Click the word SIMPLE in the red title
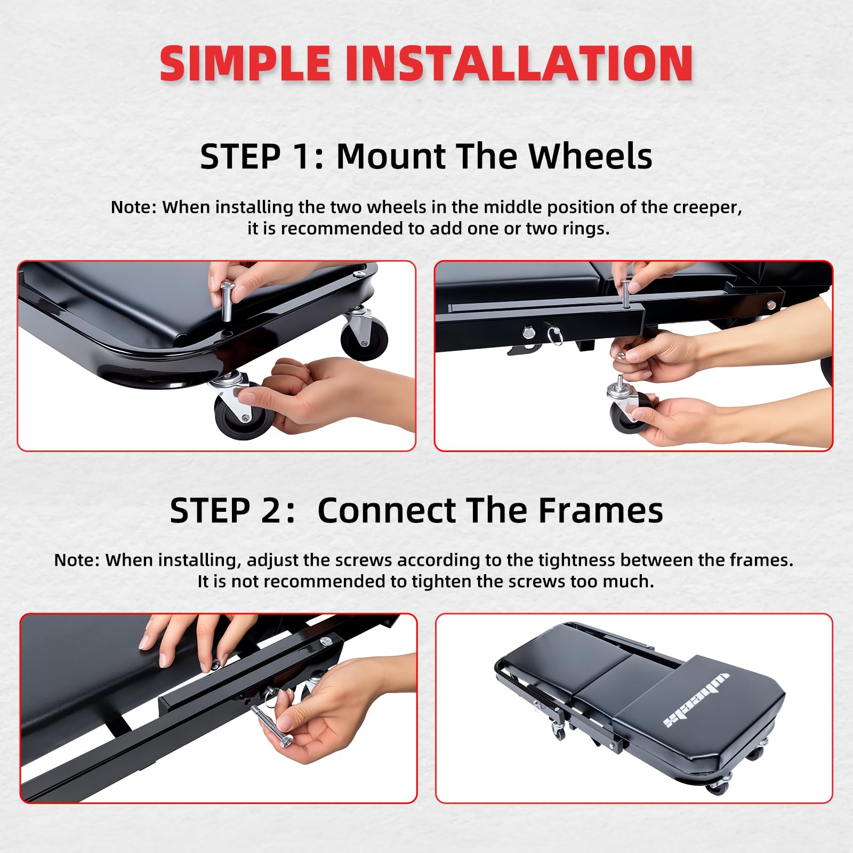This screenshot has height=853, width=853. (x=245, y=63)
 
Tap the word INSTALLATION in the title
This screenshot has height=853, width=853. (x=519, y=63)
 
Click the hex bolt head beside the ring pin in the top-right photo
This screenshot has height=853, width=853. (x=528, y=333)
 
